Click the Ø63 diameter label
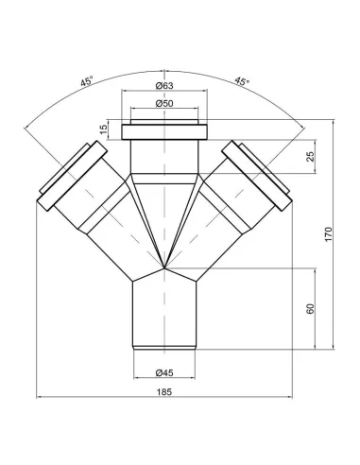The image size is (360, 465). coord(164,85)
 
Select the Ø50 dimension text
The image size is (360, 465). coord(164,103)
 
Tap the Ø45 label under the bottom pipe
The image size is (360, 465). coord(164,372)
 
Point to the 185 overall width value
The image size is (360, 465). coord(164,392)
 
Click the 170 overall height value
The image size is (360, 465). coord(328,234)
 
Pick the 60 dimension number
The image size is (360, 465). coord(310,309)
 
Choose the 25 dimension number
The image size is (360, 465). coord(310,157)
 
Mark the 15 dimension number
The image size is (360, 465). coord(104,129)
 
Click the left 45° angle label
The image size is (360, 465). coord(87,81)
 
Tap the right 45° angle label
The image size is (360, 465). coord(242,81)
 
